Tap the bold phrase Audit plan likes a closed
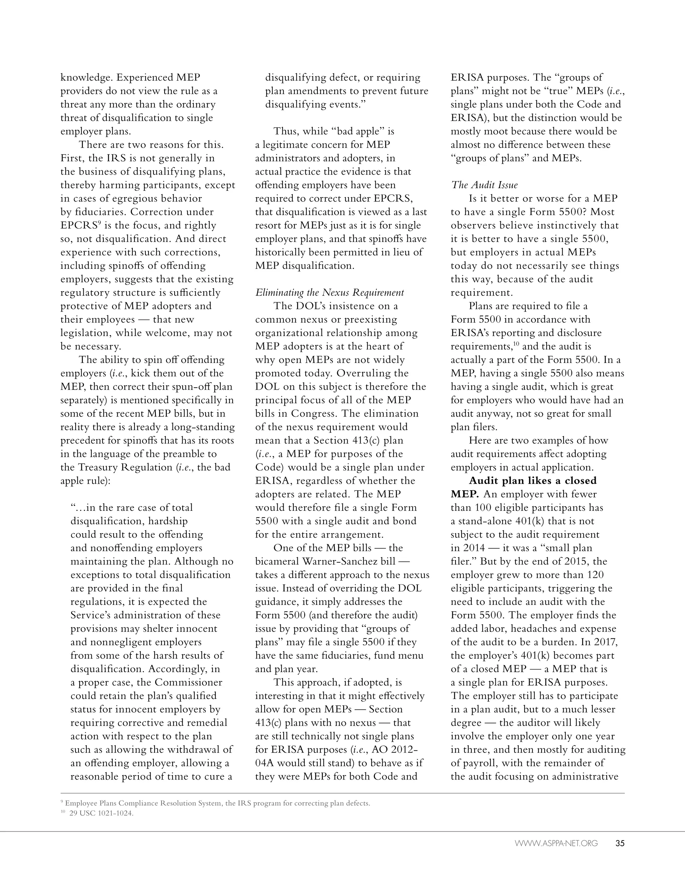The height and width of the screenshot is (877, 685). point(532,481)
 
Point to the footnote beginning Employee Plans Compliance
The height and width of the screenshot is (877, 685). point(217,803)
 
